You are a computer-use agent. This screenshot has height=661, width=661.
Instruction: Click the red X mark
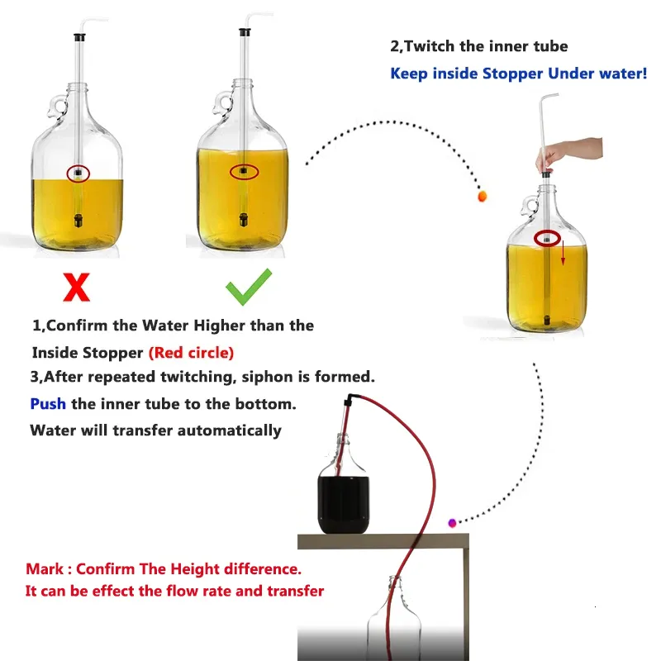[x=76, y=287]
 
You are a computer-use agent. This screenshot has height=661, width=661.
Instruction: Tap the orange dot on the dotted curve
[x=483, y=197]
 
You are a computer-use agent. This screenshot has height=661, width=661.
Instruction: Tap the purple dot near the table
[x=452, y=522]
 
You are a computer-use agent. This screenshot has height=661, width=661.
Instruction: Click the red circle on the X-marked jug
[x=78, y=174]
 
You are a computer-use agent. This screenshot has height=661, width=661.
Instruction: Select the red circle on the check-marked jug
[x=244, y=172]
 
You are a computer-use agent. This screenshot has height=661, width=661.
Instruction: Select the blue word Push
[x=49, y=404]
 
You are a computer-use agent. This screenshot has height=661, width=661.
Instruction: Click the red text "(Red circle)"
[x=191, y=353]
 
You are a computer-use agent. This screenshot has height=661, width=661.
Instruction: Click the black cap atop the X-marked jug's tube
[x=80, y=37]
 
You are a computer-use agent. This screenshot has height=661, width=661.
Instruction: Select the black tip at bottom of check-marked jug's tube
[x=244, y=221]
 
